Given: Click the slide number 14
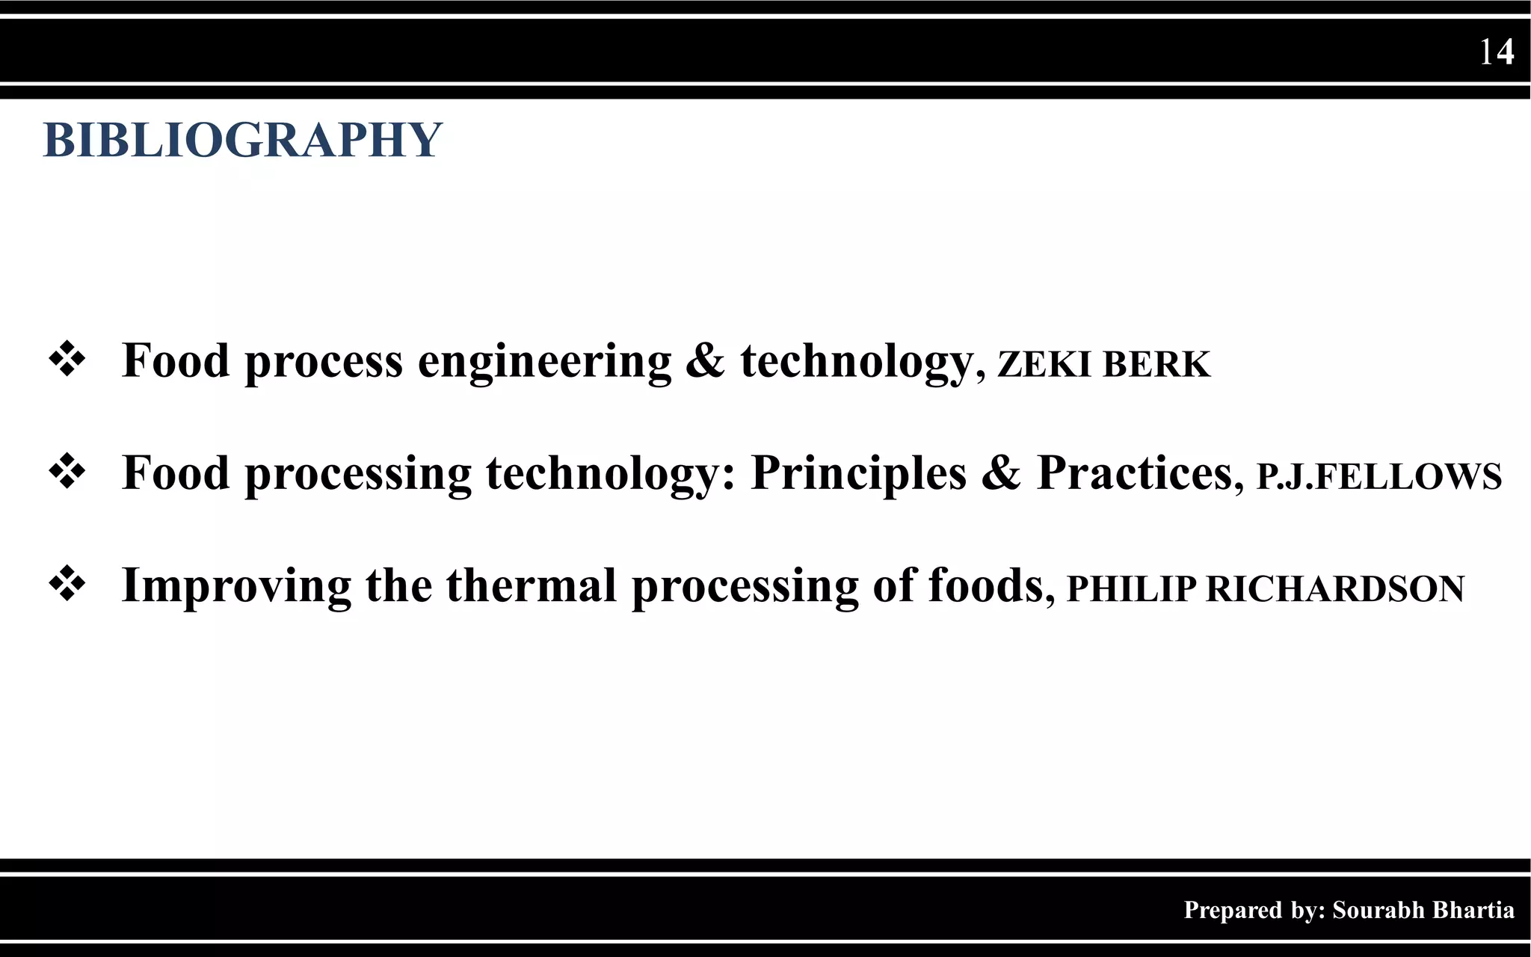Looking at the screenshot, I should click(1496, 52).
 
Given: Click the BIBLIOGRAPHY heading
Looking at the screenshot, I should click(243, 140).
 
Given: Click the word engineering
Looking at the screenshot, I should click(544, 362).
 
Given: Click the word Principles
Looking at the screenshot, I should click(858, 473).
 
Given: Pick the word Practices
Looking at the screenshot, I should click(1135, 473).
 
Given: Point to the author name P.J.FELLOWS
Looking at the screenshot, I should click(1378, 476).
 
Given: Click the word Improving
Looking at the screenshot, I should click(236, 585).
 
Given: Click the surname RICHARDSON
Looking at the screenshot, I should click(1335, 588).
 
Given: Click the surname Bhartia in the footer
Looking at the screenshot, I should click(1476, 910).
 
